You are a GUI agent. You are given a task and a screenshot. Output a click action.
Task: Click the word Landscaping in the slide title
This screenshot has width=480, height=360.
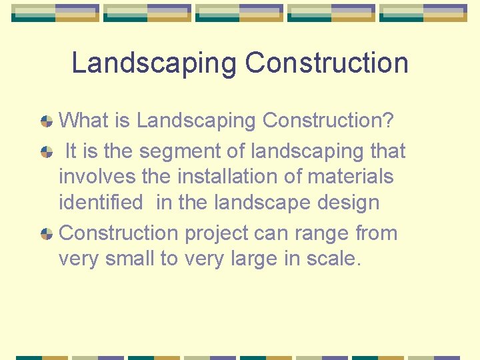(154, 64)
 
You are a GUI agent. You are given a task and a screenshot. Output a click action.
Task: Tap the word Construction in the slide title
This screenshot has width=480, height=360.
(327, 63)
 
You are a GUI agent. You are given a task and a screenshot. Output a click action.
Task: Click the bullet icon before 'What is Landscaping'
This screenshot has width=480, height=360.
(47, 121)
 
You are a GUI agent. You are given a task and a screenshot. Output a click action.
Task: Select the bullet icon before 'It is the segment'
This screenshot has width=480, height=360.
(47, 151)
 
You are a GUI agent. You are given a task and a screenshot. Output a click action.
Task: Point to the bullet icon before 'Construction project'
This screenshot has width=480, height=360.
(47, 234)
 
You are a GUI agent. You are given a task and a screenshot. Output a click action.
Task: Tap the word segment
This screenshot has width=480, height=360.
(180, 152)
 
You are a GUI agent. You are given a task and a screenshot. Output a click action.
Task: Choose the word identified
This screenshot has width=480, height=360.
(101, 203)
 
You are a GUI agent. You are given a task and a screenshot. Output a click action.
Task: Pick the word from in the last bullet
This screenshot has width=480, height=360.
(377, 233)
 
